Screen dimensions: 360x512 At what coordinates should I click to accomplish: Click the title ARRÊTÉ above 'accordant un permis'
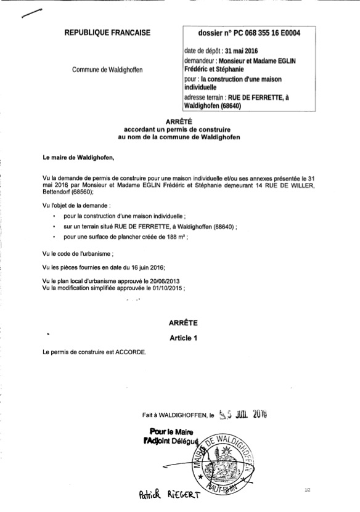pos(179,123)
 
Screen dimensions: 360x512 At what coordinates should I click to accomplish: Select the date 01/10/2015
pos(165,287)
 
